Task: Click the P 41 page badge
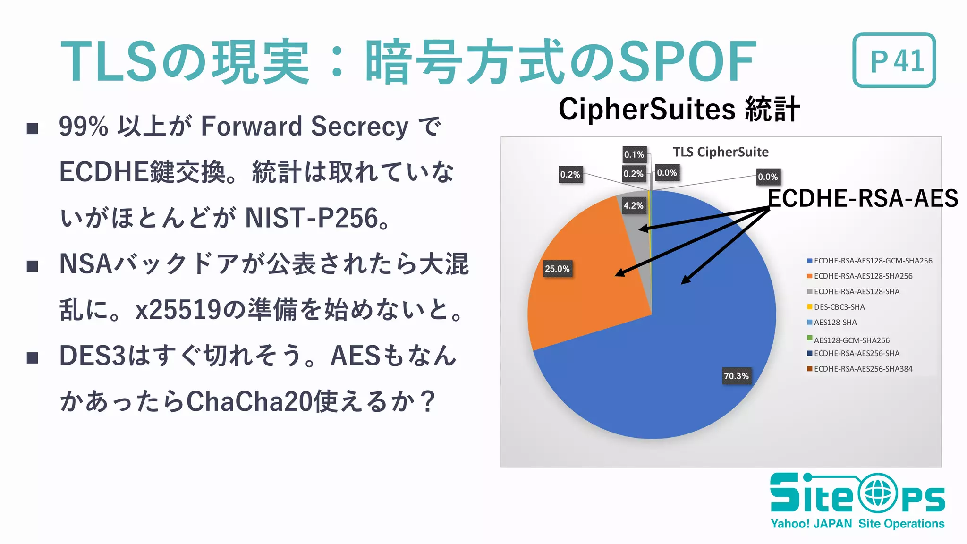point(894,60)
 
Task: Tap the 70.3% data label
point(736,376)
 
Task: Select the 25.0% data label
point(557,269)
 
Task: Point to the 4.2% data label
point(633,205)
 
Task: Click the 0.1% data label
point(634,154)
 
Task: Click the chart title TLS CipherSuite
point(721,152)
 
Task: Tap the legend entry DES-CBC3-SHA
point(839,307)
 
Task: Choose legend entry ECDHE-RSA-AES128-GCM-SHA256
point(873,261)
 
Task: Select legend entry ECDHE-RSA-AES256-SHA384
point(863,369)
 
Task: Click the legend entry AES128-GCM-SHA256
point(851,340)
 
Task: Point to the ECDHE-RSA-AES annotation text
point(863,198)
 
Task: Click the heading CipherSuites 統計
point(679,109)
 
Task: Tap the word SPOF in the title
point(687,61)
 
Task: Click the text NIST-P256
point(312,218)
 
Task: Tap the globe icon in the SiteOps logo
point(877,493)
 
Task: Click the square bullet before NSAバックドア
point(33,266)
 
